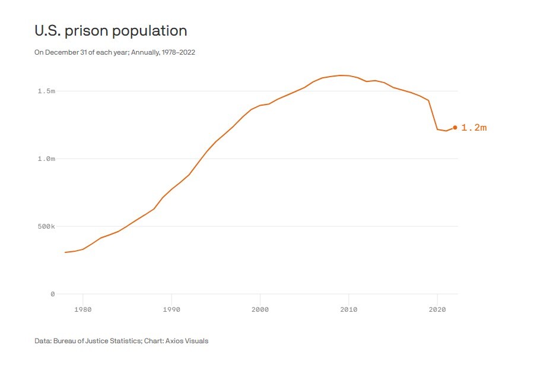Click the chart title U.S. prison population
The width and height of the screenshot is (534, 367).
click(110, 31)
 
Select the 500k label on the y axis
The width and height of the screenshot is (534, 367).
click(45, 226)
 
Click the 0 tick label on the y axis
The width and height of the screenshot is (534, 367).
click(52, 294)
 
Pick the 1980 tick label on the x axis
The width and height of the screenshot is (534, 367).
click(82, 309)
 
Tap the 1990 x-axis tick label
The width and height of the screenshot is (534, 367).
click(171, 309)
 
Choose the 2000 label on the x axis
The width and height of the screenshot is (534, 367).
click(260, 309)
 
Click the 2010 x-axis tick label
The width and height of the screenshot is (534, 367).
click(348, 309)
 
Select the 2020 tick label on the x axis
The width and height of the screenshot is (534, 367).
click(437, 309)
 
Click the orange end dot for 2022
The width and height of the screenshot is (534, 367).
click(455, 127)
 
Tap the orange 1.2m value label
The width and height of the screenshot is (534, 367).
click(473, 128)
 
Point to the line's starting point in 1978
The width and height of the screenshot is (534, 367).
click(65, 252)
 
